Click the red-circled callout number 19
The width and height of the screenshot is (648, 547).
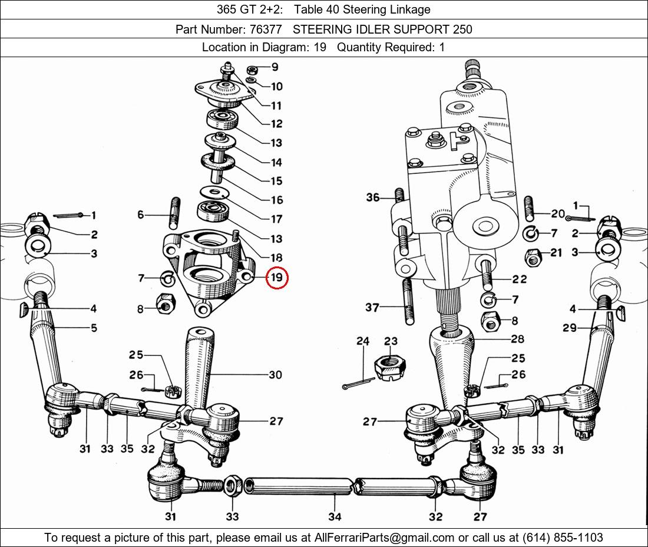pos(276,278)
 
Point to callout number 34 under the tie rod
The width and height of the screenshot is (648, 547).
pos(334,516)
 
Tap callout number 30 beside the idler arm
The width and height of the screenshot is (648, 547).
pos(275,374)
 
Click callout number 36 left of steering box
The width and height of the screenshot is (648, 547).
pos(373,197)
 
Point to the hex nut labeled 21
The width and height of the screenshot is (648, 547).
pos(533,258)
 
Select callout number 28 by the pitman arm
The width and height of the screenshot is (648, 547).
pos(517,339)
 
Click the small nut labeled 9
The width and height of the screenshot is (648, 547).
pos(250,67)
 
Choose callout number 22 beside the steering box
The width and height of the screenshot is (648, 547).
pos(519,279)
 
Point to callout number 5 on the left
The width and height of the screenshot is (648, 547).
pos(94,328)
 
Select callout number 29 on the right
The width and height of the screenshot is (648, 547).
pos(569,328)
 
